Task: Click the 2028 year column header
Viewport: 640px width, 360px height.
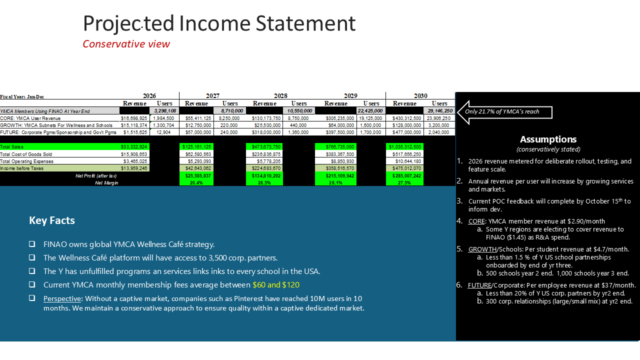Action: pos(280,95)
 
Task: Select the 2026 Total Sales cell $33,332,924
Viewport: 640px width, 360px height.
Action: pos(134,146)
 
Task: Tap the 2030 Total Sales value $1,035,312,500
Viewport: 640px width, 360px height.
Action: pos(405,146)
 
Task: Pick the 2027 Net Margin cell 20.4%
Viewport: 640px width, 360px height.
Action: pos(196,183)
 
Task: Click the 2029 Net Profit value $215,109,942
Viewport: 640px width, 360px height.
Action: pos(335,176)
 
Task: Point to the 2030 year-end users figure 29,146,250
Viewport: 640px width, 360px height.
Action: pos(439,110)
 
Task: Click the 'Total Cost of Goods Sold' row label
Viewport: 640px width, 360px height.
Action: pos(26,154)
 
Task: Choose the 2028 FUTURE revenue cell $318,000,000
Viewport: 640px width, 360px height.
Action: pos(265,132)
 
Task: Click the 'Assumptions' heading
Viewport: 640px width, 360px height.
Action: pos(548,139)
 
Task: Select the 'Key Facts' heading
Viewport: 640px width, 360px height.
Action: pos(52,220)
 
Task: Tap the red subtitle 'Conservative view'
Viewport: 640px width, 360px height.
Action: pos(126,44)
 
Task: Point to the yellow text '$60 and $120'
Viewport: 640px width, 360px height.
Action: pos(276,284)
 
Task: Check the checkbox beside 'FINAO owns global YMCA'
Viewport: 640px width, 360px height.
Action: pos(32,244)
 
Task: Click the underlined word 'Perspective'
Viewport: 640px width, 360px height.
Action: pos(61,298)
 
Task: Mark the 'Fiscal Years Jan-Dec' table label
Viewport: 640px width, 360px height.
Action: pos(22,96)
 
